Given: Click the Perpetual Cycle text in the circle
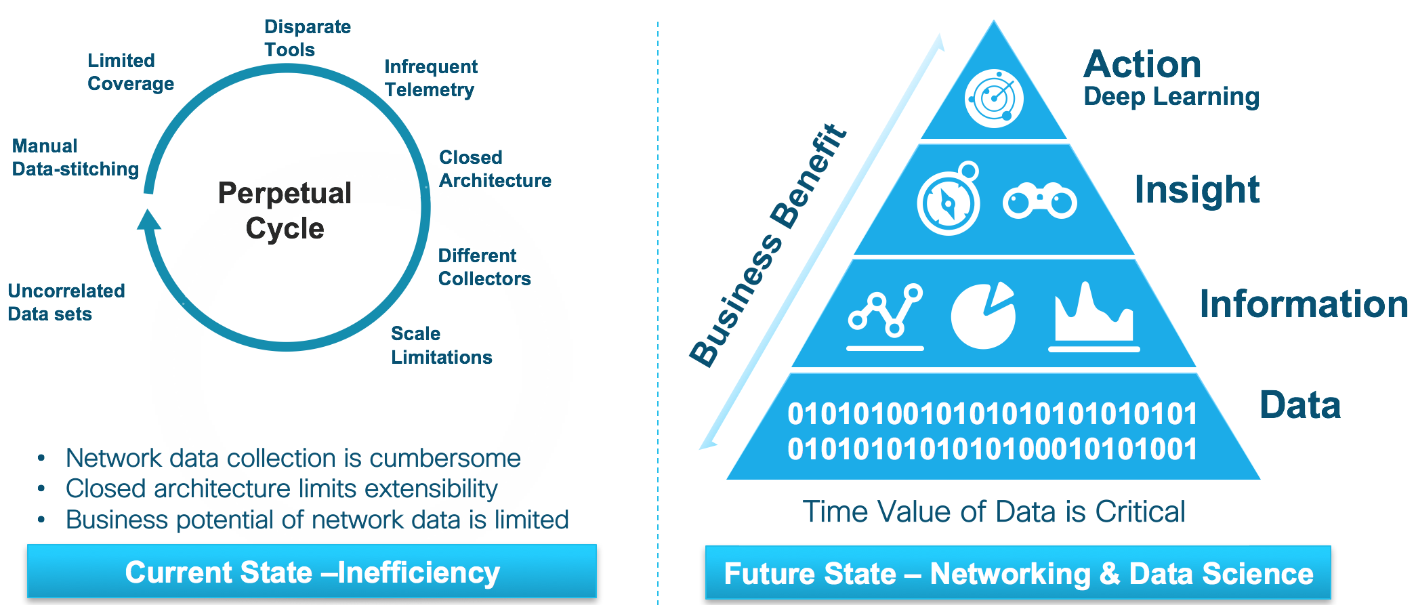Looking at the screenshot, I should (285, 211).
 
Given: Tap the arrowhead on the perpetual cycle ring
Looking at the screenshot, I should (149, 220).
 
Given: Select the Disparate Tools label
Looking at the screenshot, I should (307, 38).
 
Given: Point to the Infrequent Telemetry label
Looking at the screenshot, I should (430, 78).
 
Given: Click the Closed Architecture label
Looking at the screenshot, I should (495, 169).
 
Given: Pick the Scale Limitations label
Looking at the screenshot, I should (441, 345).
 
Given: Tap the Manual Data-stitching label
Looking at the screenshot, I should (75, 157).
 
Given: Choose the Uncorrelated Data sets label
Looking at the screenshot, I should (66, 302).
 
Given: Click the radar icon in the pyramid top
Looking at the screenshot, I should (994, 98).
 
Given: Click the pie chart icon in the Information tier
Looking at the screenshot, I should (983, 316).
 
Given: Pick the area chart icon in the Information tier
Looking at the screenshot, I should (1094, 315).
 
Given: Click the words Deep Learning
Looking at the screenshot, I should (1171, 96).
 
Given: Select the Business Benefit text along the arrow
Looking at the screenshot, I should (769, 245).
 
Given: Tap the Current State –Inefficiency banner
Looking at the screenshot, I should (312, 572).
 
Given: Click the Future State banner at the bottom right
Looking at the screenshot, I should (1018, 573).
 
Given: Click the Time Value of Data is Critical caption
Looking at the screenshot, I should (993, 512).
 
